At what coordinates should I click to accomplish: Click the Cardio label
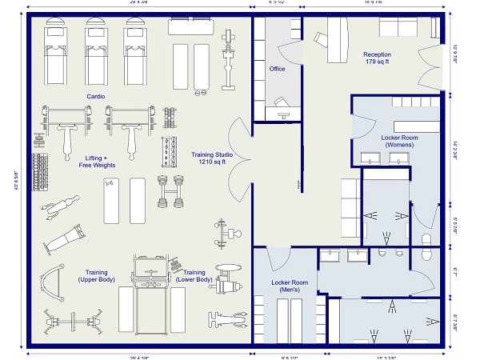coord(96,96)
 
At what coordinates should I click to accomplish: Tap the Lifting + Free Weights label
coord(97,162)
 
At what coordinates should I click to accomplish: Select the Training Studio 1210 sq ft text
coord(208,158)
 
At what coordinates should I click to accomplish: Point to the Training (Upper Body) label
coord(97,276)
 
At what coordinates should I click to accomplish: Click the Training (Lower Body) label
coord(194,276)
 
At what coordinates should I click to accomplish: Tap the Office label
coord(277,69)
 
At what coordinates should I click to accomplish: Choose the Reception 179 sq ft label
coord(377,58)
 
